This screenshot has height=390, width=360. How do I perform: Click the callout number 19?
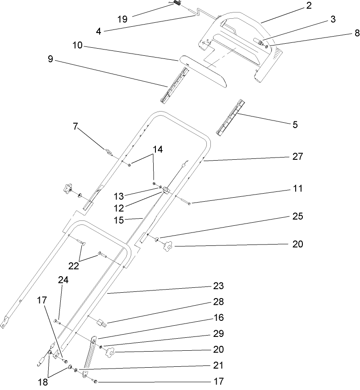tap(122, 19)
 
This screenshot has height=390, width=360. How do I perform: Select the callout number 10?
tap(78, 46)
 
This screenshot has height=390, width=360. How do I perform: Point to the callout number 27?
tap(297, 157)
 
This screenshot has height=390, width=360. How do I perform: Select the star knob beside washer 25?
tap(169, 245)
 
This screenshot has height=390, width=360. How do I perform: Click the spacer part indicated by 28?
tap(99, 321)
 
